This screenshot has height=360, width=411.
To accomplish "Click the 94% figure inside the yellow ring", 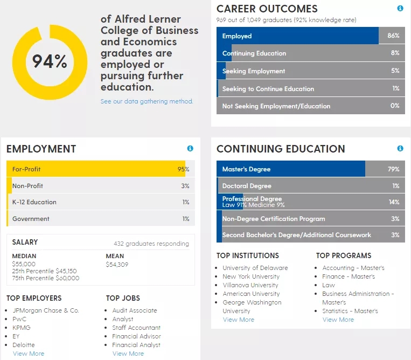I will tap(50, 61).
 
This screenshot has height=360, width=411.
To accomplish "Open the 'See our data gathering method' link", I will tap(147, 101).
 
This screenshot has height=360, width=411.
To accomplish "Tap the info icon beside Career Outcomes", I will tap(400, 9).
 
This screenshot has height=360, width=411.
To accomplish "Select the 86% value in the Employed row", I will tap(393, 36).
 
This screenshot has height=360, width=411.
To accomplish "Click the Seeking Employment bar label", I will tap(254, 71).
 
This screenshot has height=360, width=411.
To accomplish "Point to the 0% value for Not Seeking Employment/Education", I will tap(395, 106).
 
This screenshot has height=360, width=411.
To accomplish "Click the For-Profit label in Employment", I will tap(26, 169).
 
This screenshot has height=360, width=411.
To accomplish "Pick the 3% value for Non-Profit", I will tap(185, 186).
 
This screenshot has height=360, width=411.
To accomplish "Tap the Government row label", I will tap(31, 219).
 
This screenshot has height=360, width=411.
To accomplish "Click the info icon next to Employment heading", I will tap(190, 149).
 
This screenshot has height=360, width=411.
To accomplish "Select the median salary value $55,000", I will tap(24, 264).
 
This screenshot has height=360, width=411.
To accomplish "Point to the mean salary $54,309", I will tap(118, 264).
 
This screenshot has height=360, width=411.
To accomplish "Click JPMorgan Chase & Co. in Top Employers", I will tap(46, 310).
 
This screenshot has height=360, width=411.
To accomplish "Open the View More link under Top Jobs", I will tap(128, 354).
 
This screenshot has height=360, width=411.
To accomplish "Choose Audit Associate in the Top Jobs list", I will tap(135, 310).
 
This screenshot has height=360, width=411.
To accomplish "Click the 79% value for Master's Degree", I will tap(393, 169).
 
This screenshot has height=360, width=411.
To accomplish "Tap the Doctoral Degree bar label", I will tap(247, 186).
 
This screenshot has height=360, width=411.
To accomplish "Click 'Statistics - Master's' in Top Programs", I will tap(350, 311).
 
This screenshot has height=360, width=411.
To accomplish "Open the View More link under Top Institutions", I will tap(239, 320).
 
